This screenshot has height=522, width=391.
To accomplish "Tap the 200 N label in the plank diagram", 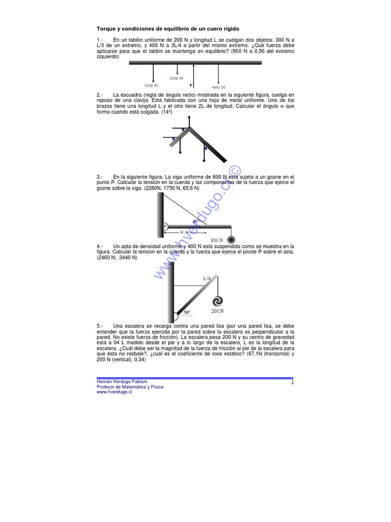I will (176, 79).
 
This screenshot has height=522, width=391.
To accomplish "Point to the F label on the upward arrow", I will (190, 85).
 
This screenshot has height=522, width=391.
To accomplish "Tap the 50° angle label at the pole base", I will (187, 311).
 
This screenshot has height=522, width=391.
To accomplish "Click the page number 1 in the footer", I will (293, 382).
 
